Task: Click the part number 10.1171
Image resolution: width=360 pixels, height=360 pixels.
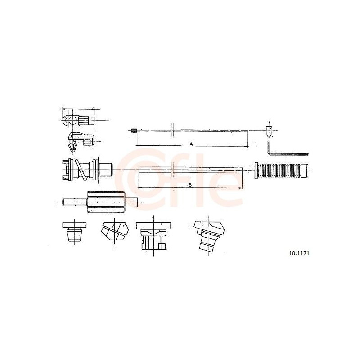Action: coord(299,253)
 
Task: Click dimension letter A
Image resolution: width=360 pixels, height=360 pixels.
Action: coord(191,144)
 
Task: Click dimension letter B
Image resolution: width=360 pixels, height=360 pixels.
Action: coord(190,185)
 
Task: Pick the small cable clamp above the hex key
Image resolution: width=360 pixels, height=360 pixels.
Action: coord(269,131)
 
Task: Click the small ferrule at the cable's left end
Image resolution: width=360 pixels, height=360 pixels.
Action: coord(134,131)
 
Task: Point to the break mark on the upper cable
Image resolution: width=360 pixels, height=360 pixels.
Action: coord(172,130)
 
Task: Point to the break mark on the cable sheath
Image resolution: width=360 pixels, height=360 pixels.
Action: coord(173,170)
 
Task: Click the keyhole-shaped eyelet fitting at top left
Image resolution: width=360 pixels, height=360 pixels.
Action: coord(78,120)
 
